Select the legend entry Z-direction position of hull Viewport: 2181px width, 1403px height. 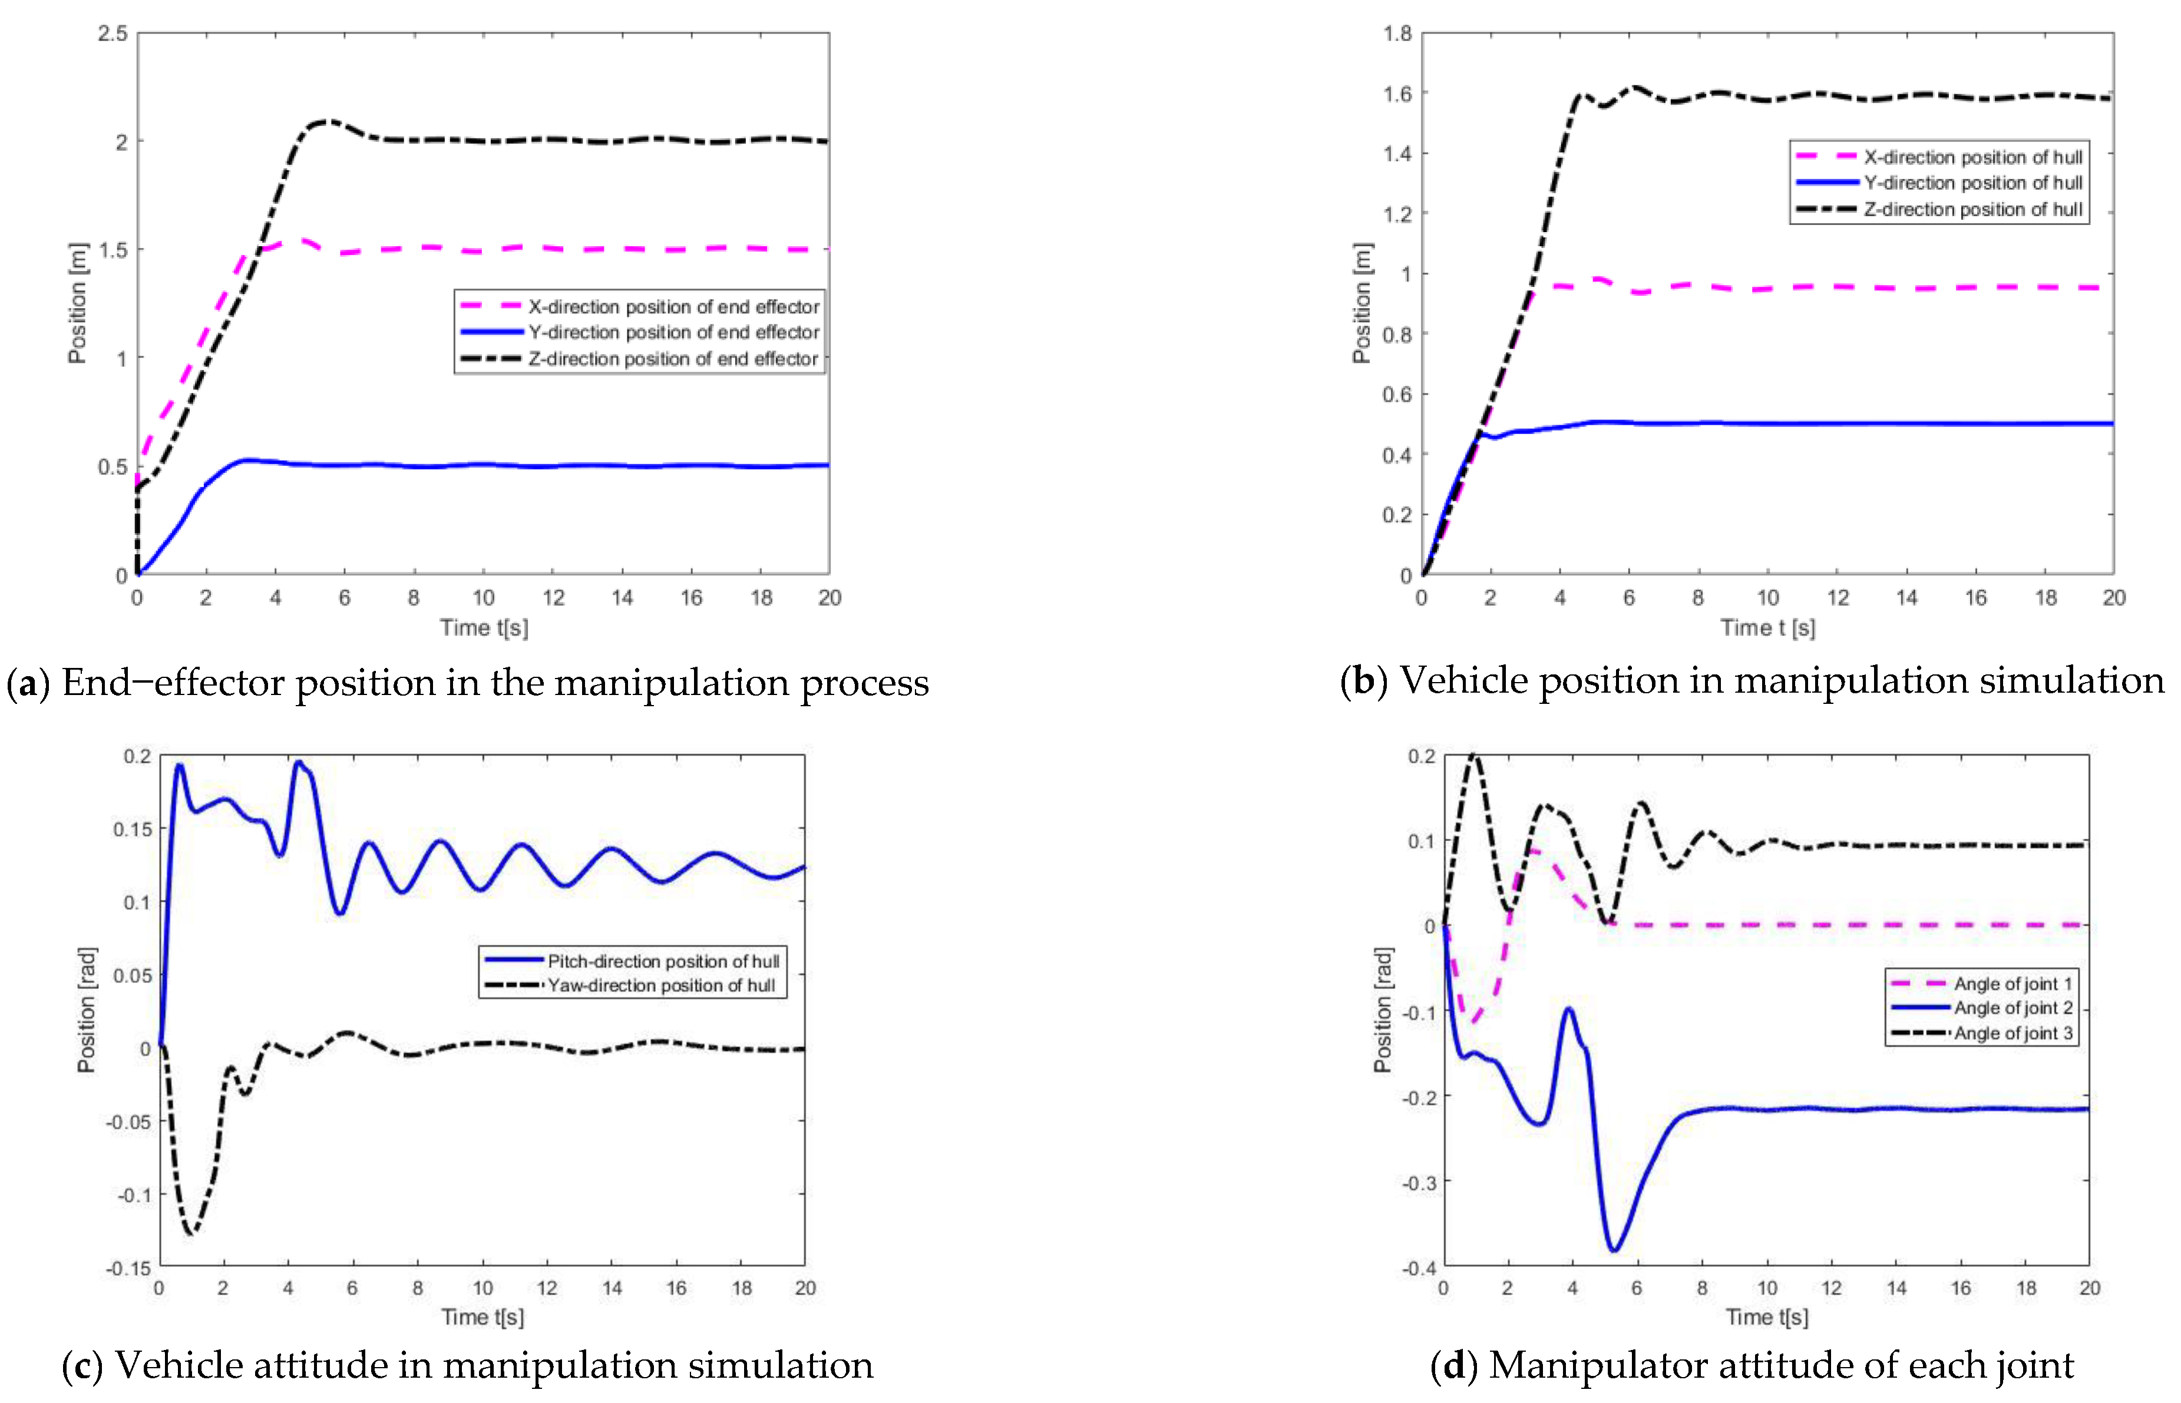(x=1972, y=210)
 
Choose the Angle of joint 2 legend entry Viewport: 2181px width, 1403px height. (x=2013, y=1008)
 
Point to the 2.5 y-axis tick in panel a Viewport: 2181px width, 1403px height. (x=113, y=34)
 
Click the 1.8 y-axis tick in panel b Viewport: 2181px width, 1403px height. (x=1397, y=34)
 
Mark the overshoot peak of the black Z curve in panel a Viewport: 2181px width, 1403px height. (x=326, y=121)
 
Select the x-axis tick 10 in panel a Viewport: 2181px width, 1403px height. (x=483, y=598)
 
